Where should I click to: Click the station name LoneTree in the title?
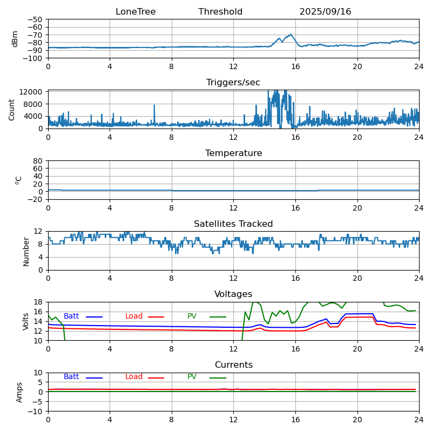pos(136,12)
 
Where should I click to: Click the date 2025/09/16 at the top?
pos(325,12)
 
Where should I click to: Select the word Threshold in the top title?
pos(220,12)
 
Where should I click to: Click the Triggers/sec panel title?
pos(233,83)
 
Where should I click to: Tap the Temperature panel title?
pos(233,153)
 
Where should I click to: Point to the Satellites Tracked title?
pos(233,224)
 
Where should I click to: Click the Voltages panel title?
pos(233,294)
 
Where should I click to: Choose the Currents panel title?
pos(233,365)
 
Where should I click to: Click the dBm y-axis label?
pos(15,39)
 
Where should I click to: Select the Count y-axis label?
pos(12,110)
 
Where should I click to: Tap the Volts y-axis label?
pos(26,321)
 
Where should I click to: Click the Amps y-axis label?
pos(19,392)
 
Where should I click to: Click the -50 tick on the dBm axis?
pos(35,19)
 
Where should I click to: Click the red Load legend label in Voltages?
pos(134,316)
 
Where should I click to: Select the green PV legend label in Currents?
pos(192,377)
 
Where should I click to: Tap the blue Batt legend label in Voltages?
pos(71,316)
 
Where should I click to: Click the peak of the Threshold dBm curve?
pos(291,35)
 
